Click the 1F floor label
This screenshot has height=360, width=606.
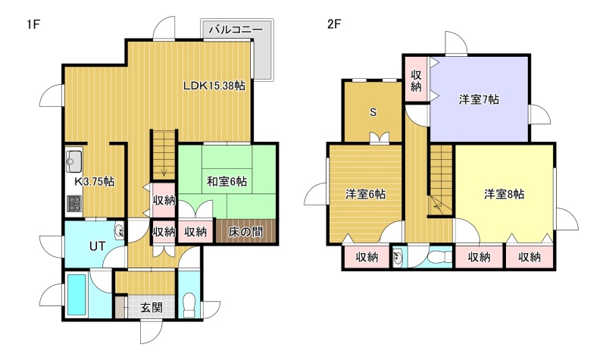[x=33, y=24]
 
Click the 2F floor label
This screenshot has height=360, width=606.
[x=334, y=24]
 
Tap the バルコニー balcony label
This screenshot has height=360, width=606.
[x=236, y=30]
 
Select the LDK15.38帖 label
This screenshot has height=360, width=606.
[x=214, y=86]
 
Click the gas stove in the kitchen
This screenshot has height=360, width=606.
[x=74, y=203]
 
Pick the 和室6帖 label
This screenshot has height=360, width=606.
[x=226, y=181]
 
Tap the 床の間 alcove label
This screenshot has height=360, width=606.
[x=245, y=232]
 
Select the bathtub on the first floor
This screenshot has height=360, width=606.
[x=77, y=294]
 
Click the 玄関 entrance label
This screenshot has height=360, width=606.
[x=151, y=308]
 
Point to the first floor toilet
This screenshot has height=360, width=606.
[x=189, y=305]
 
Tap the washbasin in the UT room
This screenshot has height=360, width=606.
[x=120, y=231]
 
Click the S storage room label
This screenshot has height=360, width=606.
[x=373, y=112]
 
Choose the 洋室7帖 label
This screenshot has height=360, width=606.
[x=479, y=100]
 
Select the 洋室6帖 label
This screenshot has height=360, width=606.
[x=365, y=194]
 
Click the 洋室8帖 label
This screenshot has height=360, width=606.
[x=504, y=194]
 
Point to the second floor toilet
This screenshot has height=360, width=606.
[x=440, y=256]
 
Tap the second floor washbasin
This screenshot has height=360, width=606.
[x=398, y=257]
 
